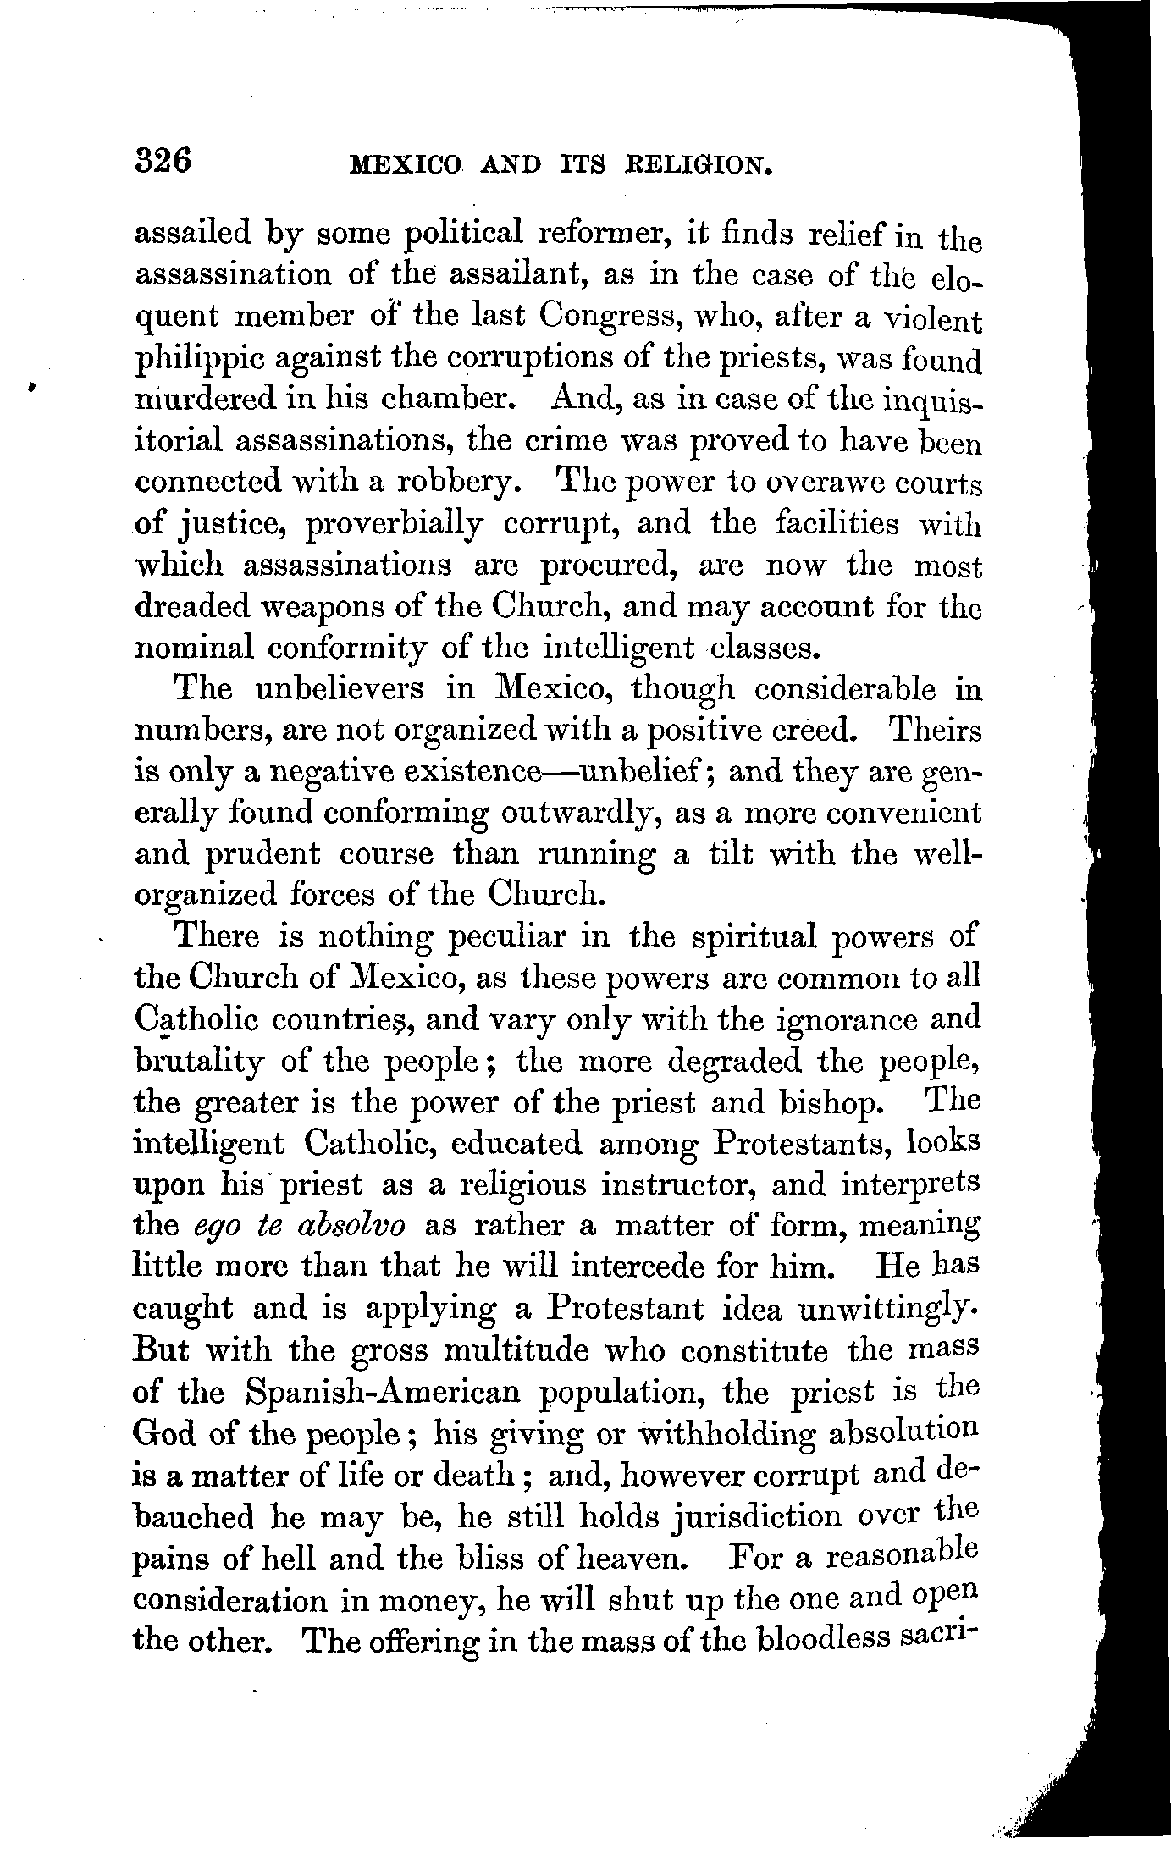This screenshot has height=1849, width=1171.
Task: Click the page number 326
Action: [165, 159]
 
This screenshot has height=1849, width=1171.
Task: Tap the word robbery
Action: [461, 483]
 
